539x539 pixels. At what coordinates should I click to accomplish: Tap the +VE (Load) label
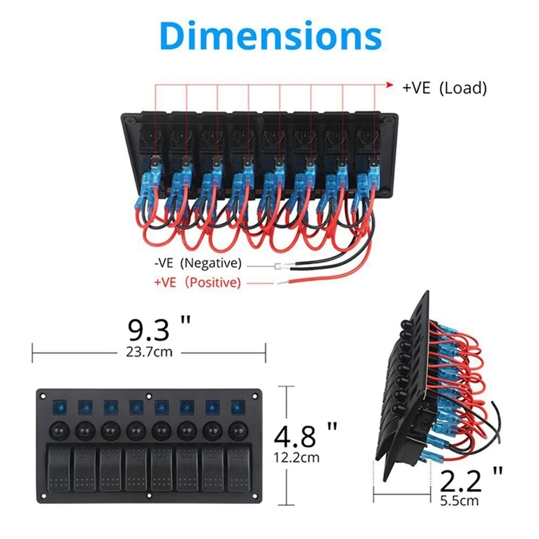[444, 88]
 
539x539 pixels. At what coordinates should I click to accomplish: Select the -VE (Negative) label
[197, 263]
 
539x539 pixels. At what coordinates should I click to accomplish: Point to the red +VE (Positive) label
[197, 282]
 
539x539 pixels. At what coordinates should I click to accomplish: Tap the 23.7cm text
[150, 352]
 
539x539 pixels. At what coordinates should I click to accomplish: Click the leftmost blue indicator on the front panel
[58, 407]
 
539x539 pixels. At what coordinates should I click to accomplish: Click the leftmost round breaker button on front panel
[58, 429]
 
